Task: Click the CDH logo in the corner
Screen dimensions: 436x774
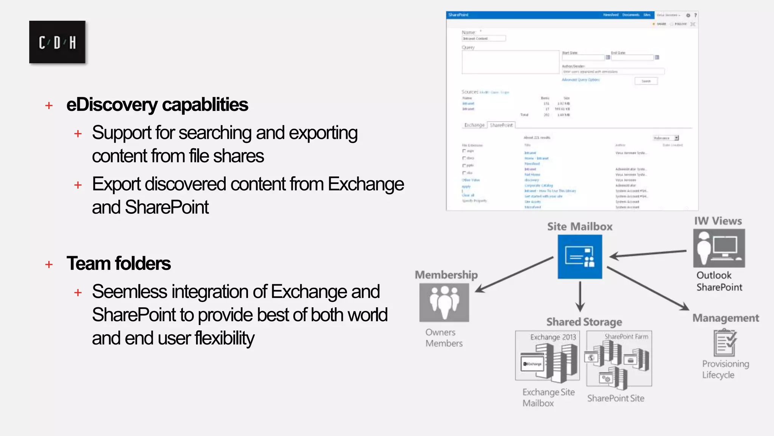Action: [x=57, y=42]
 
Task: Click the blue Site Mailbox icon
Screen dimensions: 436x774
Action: [x=580, y=257]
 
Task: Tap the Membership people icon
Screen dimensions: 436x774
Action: [x=444, y=302]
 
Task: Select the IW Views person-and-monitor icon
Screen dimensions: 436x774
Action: [x=719, y=248]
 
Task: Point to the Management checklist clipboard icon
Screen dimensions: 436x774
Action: [x=725, y=343]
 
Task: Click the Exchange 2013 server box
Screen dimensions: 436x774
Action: [x=547, y=356]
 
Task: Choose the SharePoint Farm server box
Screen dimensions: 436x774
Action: [x=619, y=358]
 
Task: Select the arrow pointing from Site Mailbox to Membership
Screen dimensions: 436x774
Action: [x=514, y=274]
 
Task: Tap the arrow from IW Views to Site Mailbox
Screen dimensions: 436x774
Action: [x=648, y=254]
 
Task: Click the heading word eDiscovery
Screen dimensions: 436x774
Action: [x=112, y=105]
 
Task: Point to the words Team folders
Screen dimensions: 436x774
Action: [x=119, y=263]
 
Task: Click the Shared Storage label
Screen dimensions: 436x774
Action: [x=584, y=322]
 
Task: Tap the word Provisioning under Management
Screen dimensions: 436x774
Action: [x=725, y=364]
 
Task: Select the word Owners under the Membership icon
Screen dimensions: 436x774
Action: [x=440, y=332]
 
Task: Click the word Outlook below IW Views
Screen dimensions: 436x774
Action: [x=714, y=275]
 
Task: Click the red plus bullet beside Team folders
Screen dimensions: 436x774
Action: [x=49, y=264]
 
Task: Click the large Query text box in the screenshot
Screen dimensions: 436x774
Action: [x=510, y=62]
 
